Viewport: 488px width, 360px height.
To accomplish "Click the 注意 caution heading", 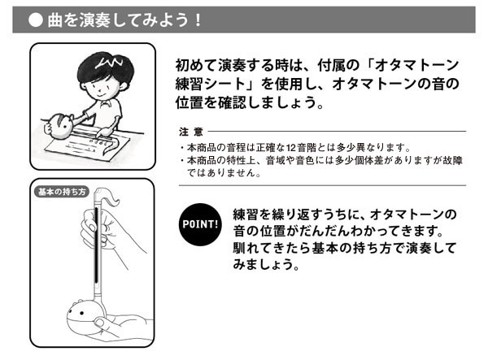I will (x=189, y=132).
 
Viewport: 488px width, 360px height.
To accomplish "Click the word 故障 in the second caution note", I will (x=454, y=161).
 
